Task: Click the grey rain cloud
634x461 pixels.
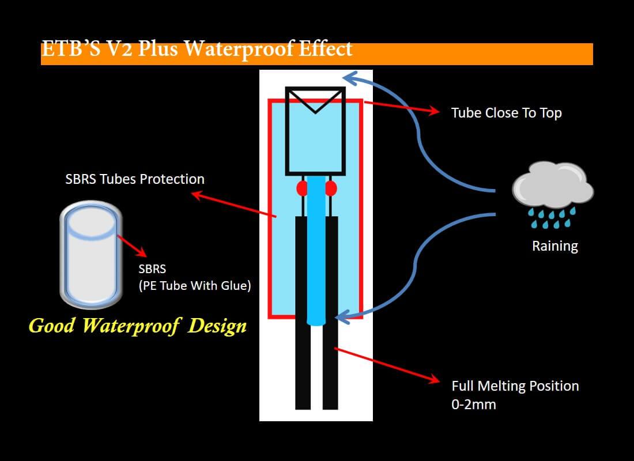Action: click(x=553, y=184)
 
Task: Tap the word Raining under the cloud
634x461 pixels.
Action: click(x=554, y=246)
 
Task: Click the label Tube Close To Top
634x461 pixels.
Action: click(x=506, y=113)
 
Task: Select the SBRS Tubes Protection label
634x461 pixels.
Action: click(x=135, y=179)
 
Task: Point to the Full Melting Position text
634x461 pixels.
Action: click(x=515, y=386)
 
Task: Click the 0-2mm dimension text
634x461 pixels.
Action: click(x=473, y=405)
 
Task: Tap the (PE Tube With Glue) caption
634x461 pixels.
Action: click(x=194, y=285)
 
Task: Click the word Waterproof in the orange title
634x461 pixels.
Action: click(x=239, y=48)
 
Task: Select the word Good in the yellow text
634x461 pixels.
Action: click(x=52, y=326)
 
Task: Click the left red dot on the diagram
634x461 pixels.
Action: click(x=302, y=188)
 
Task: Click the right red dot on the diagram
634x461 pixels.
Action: click(x=331, y=188)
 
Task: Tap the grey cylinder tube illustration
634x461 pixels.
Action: click(x=92, y=254)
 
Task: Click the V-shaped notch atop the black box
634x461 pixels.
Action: click(x=315, y=100)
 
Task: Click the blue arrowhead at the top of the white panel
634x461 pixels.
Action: click(x=349, y=78)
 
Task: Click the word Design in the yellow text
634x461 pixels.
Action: click(x=217, y=326)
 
